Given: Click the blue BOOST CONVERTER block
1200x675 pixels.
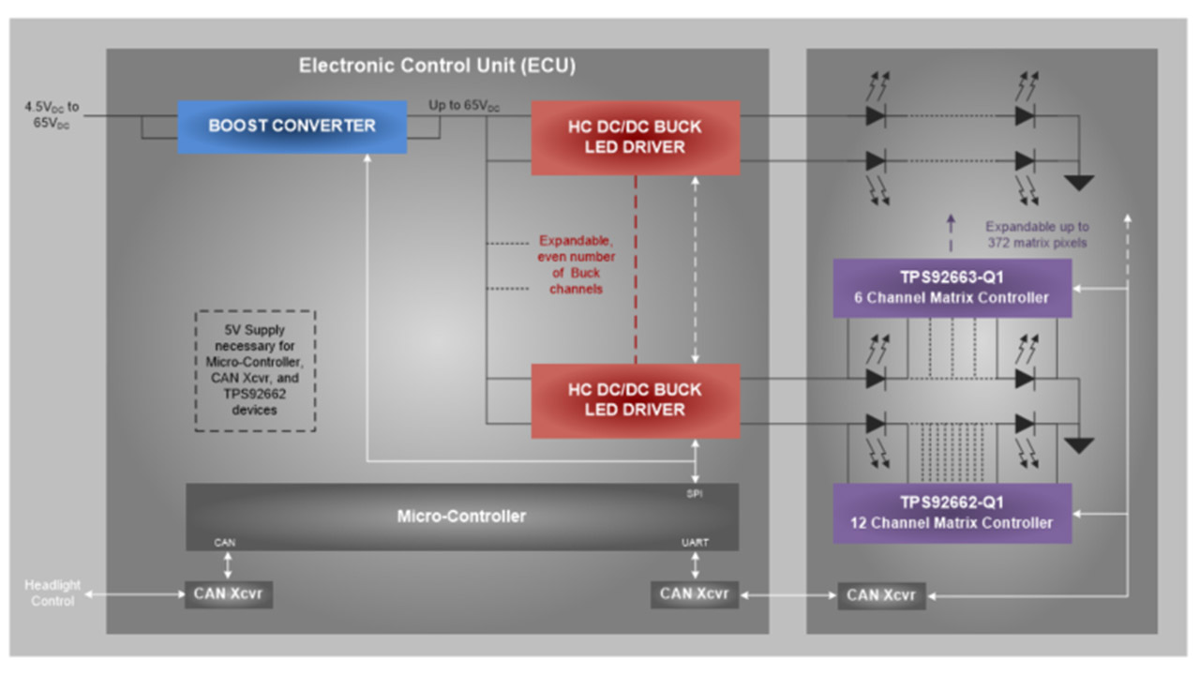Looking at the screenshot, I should click(x=292, y=127).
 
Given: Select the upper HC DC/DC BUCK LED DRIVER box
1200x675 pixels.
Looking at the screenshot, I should click(x=635, y=138).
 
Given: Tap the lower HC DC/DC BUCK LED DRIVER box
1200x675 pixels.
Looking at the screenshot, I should click(x=635, y=400).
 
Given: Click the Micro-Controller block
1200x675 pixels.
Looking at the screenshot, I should click(x=461, y=517).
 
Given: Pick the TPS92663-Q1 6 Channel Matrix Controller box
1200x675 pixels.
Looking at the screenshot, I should click(x=952, y=288).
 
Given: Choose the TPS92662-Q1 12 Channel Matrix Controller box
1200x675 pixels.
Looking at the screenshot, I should click(x=952, y=513).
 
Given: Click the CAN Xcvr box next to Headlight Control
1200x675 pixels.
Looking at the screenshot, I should click(x=229, y=593).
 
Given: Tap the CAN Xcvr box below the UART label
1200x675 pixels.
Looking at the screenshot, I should click(x=694, y=593).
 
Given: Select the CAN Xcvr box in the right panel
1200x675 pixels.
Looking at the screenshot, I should click(x=881, y=595).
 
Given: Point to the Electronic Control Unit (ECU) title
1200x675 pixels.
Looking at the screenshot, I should click(x=437, y=66).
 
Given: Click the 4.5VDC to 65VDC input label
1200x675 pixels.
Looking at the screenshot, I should click(x=52, y=115).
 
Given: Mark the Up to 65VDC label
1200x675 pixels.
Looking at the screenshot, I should click(x=464, y=106).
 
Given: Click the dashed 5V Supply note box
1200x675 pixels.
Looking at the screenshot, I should click(x=255, y=370).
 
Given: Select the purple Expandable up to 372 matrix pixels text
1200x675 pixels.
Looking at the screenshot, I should click(x=1037, y=234).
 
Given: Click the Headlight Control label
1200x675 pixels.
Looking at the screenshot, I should click(x=52, y=592).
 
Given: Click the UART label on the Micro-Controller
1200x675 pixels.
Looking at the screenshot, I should click(x=696, y=543).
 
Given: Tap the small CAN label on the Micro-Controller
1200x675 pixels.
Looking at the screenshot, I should click(x=225, y=543).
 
